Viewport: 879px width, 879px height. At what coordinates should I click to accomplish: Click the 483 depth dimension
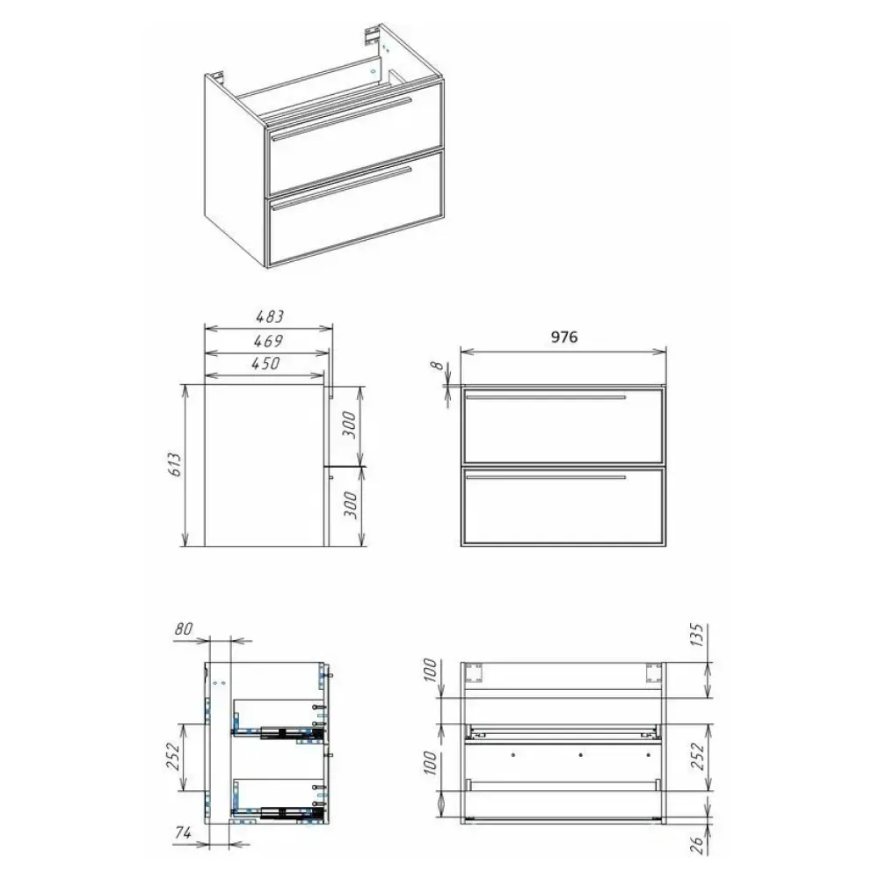click(x=270, y=316)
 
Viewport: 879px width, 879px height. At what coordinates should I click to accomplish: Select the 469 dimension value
click(x=268, y=341)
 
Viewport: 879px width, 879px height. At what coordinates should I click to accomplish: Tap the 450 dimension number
click(x=265, y=364)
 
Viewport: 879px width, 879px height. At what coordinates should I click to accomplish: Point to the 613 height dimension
click(x=175, y=464)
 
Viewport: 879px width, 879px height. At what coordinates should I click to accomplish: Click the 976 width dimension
click(x=564, y=337)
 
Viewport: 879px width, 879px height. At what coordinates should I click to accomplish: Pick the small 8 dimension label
click(x=437, y=365)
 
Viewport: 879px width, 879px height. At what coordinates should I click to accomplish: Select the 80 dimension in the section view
click(x=184, y=629)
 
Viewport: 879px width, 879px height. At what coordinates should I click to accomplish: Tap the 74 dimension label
click(x=184, y=833)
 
